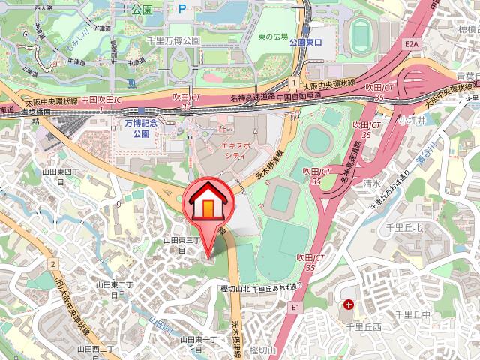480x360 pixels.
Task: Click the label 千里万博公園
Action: click(x=172, y=40)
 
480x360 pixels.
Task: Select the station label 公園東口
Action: click(x=304, y=43)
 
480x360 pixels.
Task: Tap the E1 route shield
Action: click(x=295, y=307)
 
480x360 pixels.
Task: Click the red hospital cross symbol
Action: click(x=348, y=304)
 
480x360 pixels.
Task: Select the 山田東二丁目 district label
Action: click(x=114, y=289)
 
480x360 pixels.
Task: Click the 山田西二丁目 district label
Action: click(x=94, y=349)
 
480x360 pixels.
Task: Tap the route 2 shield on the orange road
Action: click(x=53, y=263)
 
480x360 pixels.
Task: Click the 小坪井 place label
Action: click(x=412, y=121)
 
